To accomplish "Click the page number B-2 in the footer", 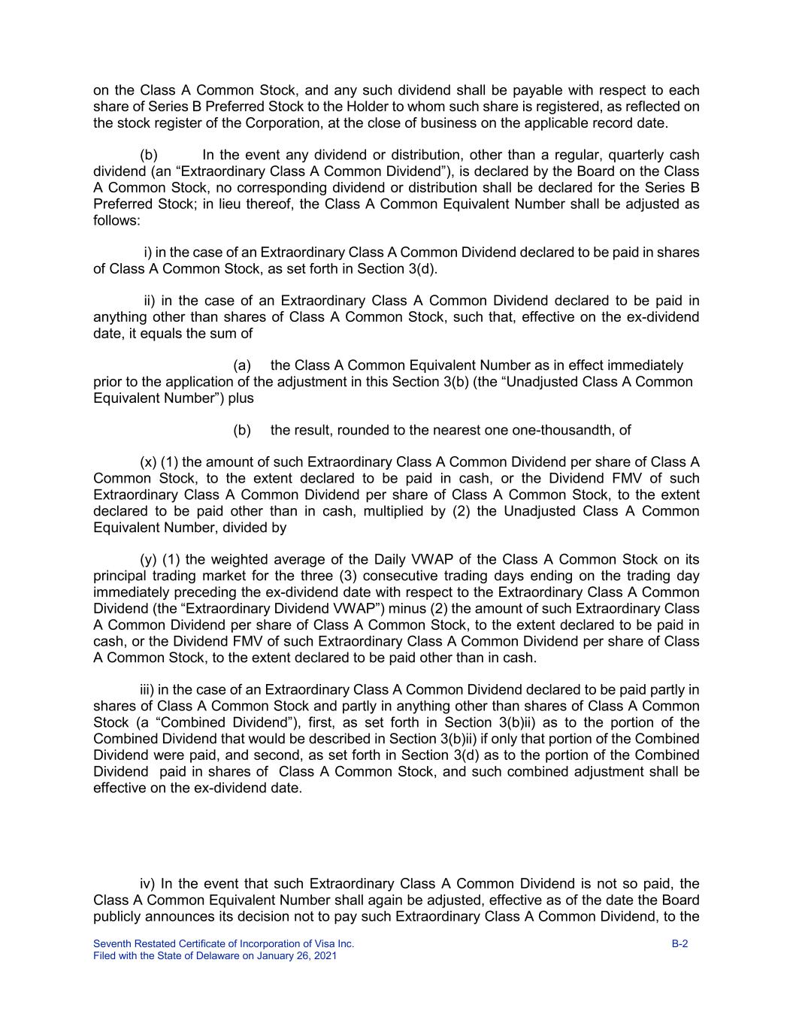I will click(679, 943).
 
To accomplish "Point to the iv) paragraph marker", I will click(147, 884).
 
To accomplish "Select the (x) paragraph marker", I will click(148, 462).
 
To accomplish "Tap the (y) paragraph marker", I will click(148, 559).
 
